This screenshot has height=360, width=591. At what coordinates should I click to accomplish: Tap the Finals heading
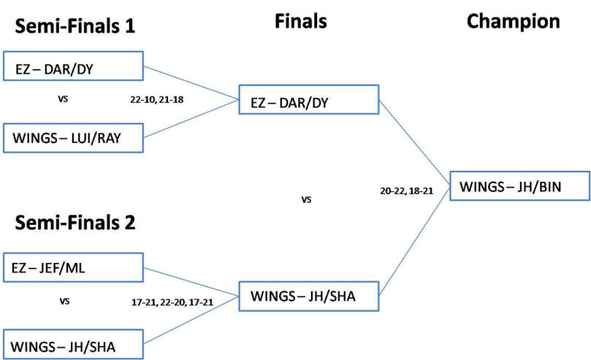coord(300,22)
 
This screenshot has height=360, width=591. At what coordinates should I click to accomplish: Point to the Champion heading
coord(513,22)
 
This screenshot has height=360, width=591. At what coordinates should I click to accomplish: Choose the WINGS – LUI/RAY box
coord(72,138)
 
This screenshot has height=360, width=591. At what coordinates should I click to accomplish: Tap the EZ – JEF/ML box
coord(72,267)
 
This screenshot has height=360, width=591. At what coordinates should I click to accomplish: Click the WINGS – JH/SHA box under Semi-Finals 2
coord(72,344)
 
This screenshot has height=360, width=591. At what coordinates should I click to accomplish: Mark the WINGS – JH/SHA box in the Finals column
coord(308,298)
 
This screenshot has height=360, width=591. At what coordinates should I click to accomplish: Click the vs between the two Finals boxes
coord(307,199)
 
